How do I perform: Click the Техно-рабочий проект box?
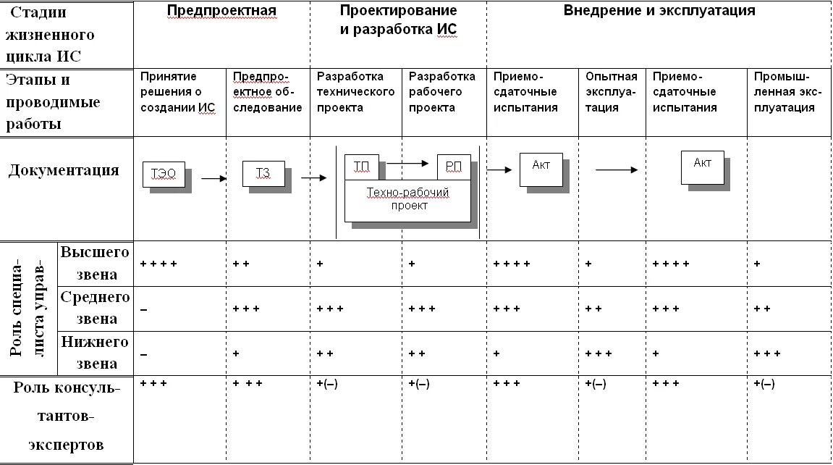[x=407, y=199]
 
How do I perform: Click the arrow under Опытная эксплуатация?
[x=616, y=170]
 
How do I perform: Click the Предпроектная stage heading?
[x=221, y=11]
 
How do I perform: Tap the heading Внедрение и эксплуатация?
[x=659, y=11]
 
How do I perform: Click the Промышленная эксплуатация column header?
[x=787, y=92]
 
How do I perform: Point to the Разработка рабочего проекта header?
[x=442, y=92]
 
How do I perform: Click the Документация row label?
[x=64, y=171]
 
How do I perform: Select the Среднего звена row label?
[x=95, y=307]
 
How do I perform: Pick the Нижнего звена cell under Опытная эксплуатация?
[x=599, y=354]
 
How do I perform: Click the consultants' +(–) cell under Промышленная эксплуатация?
[x=764, y=385]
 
